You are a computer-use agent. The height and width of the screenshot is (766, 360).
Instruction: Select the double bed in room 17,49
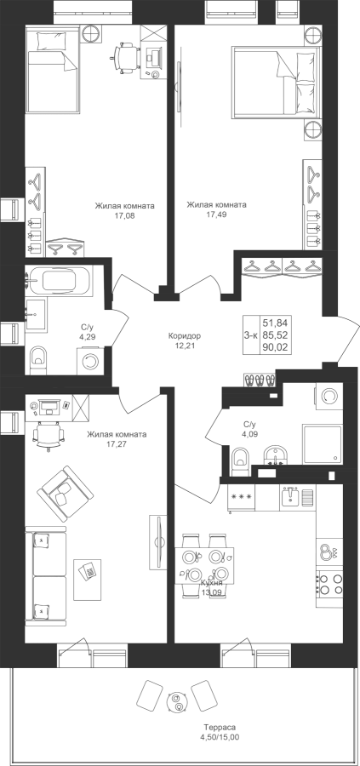[277, 81]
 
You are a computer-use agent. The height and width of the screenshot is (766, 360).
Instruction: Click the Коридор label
[185, 336]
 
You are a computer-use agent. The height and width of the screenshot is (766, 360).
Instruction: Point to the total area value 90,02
[276, 347]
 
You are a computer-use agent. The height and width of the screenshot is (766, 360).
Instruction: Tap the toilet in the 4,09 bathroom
[240, 460]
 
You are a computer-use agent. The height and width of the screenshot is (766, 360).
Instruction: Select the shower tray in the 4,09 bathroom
[322, 443]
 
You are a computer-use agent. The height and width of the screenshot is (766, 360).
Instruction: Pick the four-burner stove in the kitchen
[329, 584]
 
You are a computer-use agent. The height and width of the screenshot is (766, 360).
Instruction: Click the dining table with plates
[204, 565]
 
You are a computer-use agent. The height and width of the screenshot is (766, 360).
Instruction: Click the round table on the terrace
[175, 702]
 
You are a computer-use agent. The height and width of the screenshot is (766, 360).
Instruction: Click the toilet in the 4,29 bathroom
[37, 359]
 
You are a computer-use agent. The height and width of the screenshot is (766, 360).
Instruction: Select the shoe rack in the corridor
[260, 380]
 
